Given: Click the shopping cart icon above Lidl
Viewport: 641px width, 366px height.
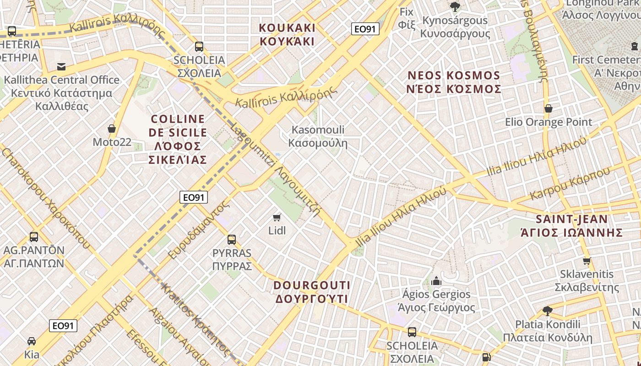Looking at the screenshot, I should pyautogui.click(x=277, y=217).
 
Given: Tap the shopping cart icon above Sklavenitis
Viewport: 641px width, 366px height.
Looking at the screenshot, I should pyautogui.click(x=587, y=261).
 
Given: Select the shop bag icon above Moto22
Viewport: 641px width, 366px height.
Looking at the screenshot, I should pyautogui.click(x=111, y=129).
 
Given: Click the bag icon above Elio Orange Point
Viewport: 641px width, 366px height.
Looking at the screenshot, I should pyautogui.click(x=548, y=108).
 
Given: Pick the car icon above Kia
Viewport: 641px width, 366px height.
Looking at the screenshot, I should pyautogui.click(x=32, y=341).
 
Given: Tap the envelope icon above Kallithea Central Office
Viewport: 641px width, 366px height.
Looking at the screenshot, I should pyautogui.click(x=61, y=67).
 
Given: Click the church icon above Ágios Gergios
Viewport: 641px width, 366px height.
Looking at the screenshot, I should pyautogui.click(x=436, y=280).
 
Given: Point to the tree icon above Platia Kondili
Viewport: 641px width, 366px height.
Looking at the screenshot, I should pyautogui.click(x=547, y=311).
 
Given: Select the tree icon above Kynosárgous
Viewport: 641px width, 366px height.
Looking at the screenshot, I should pyautogui.click(x=455, y=6).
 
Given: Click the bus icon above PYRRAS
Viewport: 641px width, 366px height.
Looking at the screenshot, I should pyautogui.click(x=232, y=239).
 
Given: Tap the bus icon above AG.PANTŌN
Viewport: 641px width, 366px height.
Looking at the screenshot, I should pyautogui.click(x=34, y=237).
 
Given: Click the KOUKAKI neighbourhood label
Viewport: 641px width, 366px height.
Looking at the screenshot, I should pyautogui.click(x=287, y=34).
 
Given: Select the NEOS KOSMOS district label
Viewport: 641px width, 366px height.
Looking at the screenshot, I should pyautogui.click(x=454, y=82).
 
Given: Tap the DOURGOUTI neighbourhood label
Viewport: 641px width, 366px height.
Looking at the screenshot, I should pyautogui.click(x=312, y=292).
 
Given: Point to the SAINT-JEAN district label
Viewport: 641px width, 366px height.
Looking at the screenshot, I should pyautogui.click(x=572, y=226).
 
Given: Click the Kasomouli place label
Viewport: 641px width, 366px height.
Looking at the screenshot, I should pyautogui.click(x=318, y=136).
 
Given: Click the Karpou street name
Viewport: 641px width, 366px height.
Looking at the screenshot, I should pyautogui.click(x=571, y=183).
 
